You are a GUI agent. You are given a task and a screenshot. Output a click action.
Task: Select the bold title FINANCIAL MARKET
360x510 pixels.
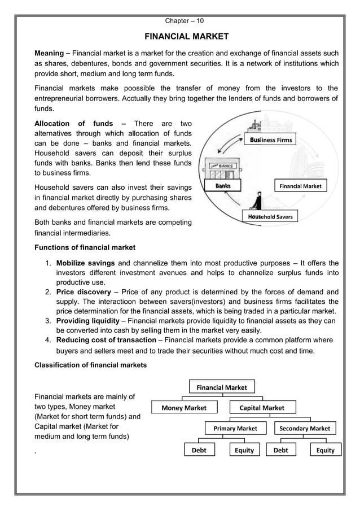[x=187, y=37]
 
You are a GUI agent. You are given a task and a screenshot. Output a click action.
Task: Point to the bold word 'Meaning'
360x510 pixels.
[x=50, y=53]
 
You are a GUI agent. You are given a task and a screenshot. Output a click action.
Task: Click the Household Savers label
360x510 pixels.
[x=270, y=216]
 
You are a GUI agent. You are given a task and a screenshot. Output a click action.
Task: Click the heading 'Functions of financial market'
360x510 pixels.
[x=85, y=247]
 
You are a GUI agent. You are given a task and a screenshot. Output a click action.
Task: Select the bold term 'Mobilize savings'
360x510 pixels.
[x=85, y=263]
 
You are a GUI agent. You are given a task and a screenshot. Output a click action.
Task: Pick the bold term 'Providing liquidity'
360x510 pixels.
[x=88, y=321]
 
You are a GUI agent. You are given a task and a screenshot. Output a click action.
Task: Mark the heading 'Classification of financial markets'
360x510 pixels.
[x=90, y=365]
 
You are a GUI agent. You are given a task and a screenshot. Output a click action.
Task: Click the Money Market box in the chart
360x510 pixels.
[x=184, y=408]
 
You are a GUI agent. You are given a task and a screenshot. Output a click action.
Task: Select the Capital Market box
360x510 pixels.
[x=262, y=408]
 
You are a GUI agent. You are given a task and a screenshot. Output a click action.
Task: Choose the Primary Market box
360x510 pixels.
[x=235, y=429]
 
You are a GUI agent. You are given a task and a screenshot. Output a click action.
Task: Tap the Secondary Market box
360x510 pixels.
[x=305, y=429]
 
